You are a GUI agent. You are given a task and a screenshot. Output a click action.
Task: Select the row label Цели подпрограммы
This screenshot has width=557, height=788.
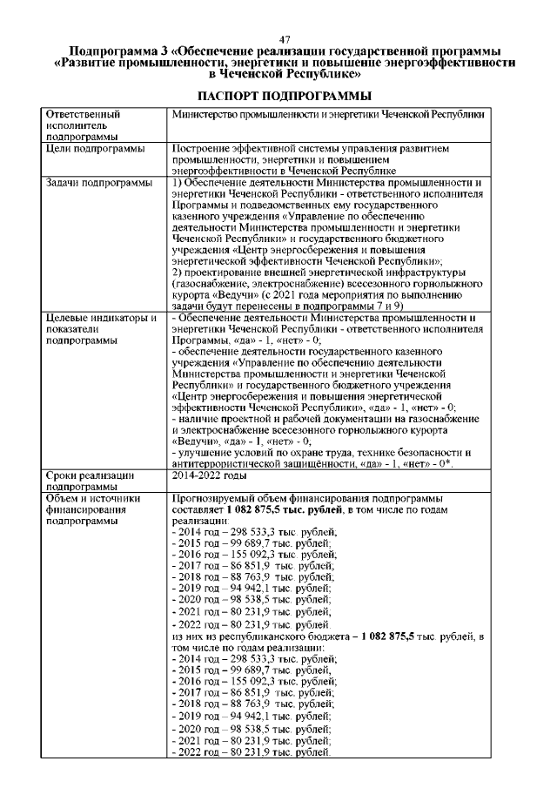tap(95, 150)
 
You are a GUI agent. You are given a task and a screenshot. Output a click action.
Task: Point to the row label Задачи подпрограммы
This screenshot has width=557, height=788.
tap(98, 182)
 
